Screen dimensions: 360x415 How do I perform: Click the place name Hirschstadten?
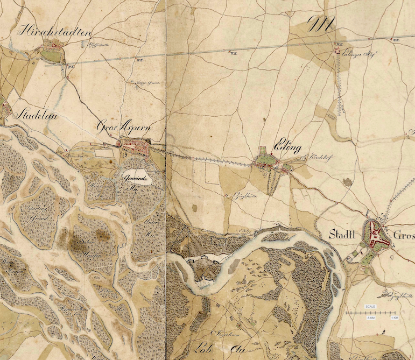54,32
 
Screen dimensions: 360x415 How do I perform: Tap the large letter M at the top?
322,24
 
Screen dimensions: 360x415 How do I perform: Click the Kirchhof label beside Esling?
314,158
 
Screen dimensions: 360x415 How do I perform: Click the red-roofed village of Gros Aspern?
138,145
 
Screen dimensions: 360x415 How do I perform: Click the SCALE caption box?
371,307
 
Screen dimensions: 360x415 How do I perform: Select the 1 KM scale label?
394,318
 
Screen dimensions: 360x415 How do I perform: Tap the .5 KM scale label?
371,318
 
